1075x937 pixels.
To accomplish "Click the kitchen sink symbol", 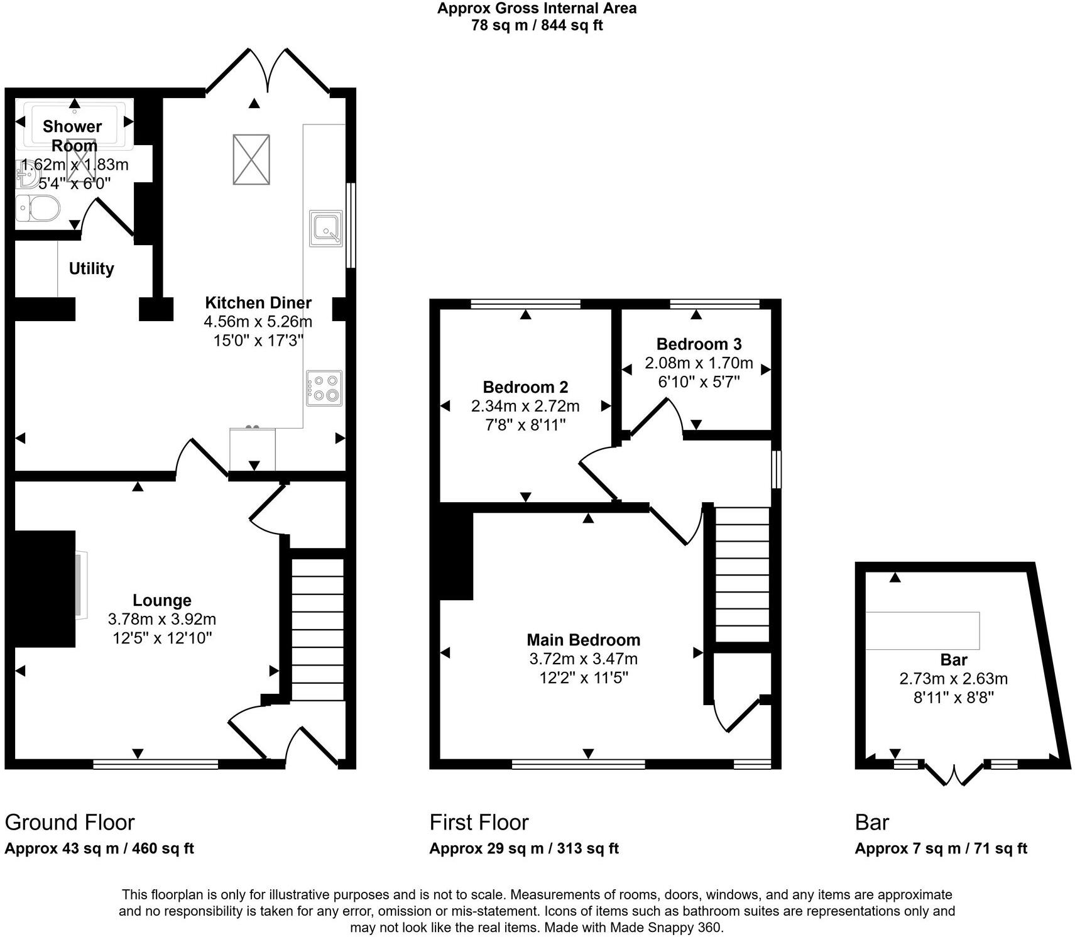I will tap(326, 228).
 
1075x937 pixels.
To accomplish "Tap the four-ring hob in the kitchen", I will tap(324, 388).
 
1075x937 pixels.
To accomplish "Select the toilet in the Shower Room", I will tap(37, 208).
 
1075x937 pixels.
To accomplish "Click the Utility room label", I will tap(91, 268).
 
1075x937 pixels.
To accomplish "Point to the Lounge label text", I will tap(161, 600).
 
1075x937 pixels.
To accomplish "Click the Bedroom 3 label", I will tap(699, 344).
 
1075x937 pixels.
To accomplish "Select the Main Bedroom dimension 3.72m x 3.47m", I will tap(583, 659).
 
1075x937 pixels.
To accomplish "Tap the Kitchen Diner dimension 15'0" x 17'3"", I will tap(258, 341).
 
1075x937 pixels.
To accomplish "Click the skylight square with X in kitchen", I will tap(251, 160).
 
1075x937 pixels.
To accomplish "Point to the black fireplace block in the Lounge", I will tap(43, 588).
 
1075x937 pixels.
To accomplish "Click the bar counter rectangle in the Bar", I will tap(922, 630).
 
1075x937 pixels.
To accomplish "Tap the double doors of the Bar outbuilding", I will tap(954, 774).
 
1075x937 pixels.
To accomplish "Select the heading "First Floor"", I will tap(479, 822).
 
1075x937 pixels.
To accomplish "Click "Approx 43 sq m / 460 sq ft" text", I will tap(99, 848).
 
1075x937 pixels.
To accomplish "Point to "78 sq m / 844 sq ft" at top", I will tap(537, 26).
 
